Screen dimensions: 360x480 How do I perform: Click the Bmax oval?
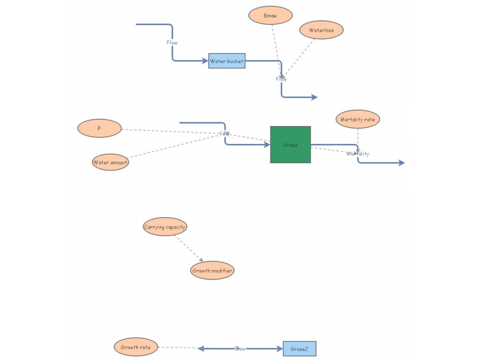coord(271,16)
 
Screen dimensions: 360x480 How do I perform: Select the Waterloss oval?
coord(322,30)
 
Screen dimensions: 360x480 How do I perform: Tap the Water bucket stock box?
coord(227,61)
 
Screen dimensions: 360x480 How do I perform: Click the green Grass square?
coord(290,145)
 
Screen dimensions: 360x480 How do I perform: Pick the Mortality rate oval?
coord(358,119)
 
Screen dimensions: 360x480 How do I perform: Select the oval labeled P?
coord(100,128)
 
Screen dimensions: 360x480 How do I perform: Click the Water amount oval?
coord(110,162)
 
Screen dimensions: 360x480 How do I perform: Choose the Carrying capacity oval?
coord(165,227)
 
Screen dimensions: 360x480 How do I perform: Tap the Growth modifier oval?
coord(212,271)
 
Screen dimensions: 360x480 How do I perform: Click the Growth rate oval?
coord(136,347)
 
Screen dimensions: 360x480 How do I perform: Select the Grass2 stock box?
coord(299,349)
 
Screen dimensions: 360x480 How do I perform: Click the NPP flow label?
coord(224,133)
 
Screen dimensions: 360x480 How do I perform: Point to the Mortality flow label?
coord(358,154)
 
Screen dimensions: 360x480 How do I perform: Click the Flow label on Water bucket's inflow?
coord(172,43)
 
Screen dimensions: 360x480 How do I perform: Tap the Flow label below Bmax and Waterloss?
coord(281,79)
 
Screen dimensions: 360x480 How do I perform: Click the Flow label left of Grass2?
coord(240,349)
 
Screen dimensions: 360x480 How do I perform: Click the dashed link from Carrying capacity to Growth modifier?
coord(188,248)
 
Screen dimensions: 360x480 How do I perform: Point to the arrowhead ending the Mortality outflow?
coord(401,163)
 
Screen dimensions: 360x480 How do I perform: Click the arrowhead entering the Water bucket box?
coord(205,61)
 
